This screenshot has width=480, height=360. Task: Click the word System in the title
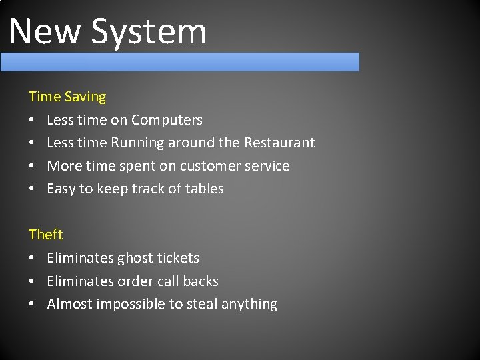[149, 31]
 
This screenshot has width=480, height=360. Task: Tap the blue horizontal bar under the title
[179, 62]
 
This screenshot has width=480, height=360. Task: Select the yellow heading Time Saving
[67, 97]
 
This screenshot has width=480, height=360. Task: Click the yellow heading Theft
[45, 235]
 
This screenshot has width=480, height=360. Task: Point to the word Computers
[167, 120]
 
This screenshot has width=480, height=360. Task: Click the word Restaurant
[279, 143]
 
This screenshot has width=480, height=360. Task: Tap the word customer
[208, 166]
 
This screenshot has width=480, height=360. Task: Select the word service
[266, 166]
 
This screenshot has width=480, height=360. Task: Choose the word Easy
[61, 189]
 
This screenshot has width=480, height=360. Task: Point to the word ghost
[137, 258]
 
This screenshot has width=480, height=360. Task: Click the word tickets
[178, 258]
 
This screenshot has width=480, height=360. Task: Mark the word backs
[201, 281]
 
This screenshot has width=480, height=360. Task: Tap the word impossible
[131, 304]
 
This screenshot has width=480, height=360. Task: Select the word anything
[249, 304]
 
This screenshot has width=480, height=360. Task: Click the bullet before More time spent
[32, 166]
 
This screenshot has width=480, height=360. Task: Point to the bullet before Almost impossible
[32, 304]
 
